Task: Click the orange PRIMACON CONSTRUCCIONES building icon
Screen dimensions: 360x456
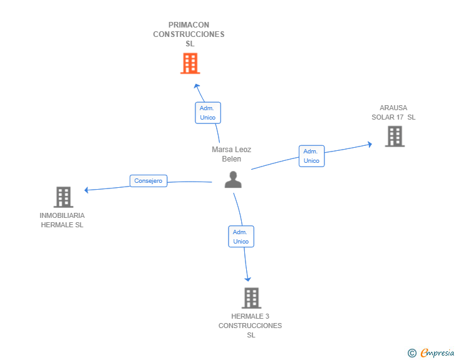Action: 190,63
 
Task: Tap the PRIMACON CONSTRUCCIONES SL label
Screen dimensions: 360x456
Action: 189,34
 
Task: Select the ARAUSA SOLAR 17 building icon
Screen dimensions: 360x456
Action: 394,136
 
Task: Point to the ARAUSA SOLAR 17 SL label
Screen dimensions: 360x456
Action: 393,112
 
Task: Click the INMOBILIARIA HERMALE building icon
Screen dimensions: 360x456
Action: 63,197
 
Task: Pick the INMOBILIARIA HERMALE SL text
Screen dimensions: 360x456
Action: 62,220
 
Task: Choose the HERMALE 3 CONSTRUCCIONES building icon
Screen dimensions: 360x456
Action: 251,298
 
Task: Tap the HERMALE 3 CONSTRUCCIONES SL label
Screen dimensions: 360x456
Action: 251,326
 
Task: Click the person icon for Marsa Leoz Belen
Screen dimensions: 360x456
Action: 233,180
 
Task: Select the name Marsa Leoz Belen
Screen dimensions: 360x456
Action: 231,154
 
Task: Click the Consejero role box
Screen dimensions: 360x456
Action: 148,181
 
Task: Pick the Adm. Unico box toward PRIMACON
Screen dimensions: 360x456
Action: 207,113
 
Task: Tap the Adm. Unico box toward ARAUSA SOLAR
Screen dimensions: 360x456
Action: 311,156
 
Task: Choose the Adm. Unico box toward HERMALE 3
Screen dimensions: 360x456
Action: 241,237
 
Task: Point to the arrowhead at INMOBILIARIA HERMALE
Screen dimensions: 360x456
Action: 87,190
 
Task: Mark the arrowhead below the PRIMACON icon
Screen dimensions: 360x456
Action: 196,86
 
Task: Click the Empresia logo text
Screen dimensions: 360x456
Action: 437,353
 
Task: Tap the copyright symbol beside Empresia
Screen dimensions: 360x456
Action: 412,353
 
